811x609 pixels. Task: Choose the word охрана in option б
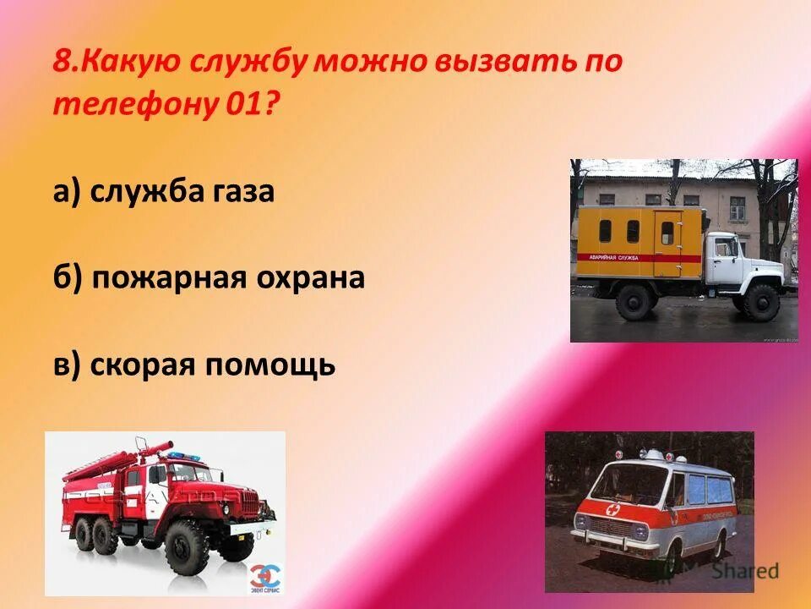tap(313, 278)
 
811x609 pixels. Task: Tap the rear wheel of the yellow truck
tap(634, 301)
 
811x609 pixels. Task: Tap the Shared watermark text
tap(743, 572)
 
